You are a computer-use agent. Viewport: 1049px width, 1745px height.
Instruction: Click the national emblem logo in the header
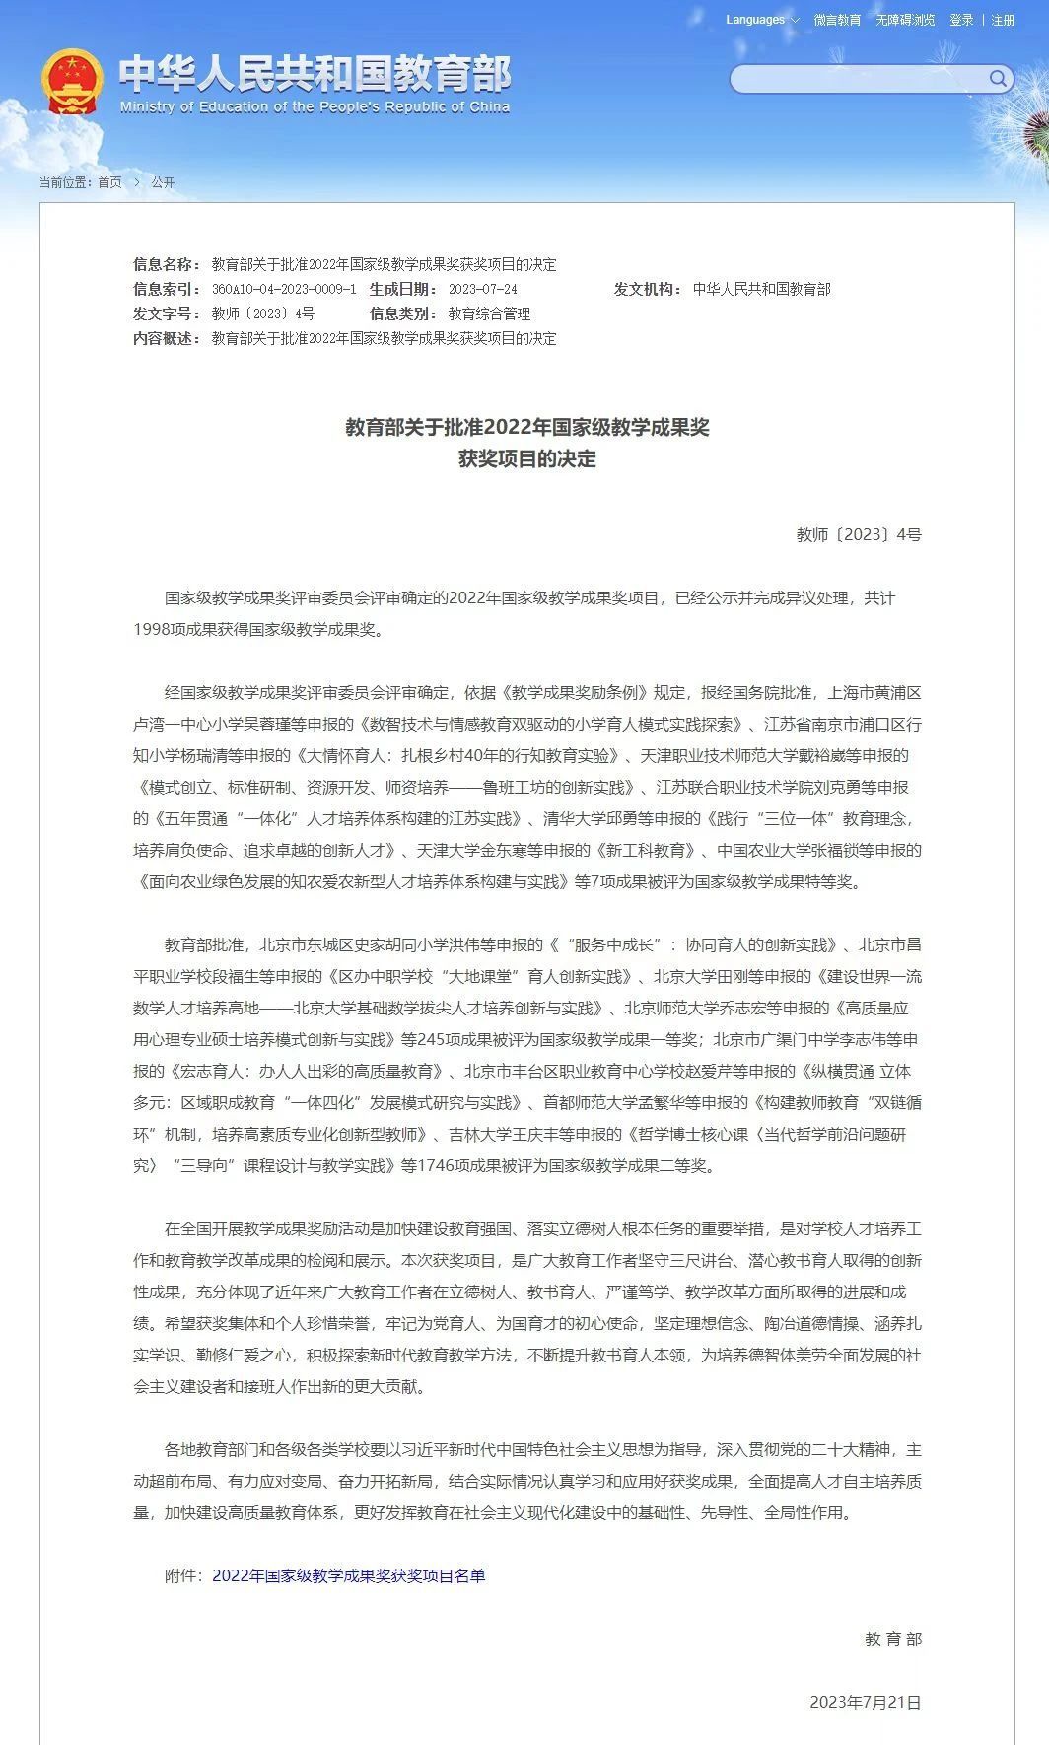coord(72,82)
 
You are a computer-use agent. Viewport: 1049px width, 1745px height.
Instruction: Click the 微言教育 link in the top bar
coord(837,20)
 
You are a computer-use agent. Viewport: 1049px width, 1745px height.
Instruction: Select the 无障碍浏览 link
coord(905,20)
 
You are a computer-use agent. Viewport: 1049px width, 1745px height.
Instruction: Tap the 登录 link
coord(961,20)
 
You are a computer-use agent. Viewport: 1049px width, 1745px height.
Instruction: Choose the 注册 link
coord(1003,20)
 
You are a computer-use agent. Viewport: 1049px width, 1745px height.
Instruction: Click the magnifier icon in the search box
coord(998,79)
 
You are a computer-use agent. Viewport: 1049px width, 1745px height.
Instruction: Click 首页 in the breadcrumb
coord(110,182)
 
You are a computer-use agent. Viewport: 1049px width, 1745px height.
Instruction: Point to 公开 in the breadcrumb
coord(163,182)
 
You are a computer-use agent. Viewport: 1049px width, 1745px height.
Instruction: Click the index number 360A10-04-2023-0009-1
coord(284,289)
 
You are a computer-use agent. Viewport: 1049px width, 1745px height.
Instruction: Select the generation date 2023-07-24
coord(482,289)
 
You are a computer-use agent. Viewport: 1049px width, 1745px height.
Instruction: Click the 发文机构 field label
coord(648,289)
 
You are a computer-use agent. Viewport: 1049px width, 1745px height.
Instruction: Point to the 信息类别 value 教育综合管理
coord(489,314)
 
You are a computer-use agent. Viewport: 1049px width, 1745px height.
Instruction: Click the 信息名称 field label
coord(167,264)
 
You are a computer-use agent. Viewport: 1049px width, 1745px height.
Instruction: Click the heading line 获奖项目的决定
coord(526,458)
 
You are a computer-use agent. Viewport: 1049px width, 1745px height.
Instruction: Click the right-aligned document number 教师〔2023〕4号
coord(859,534)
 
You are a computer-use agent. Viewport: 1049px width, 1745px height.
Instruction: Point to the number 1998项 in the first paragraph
coord(158,629)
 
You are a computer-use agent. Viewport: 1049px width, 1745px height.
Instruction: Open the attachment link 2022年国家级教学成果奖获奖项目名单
coord(348,1575)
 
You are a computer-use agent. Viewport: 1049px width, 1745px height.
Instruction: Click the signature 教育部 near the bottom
coord(893,1639)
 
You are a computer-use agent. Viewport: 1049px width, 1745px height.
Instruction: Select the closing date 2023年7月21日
coord(865,1702)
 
